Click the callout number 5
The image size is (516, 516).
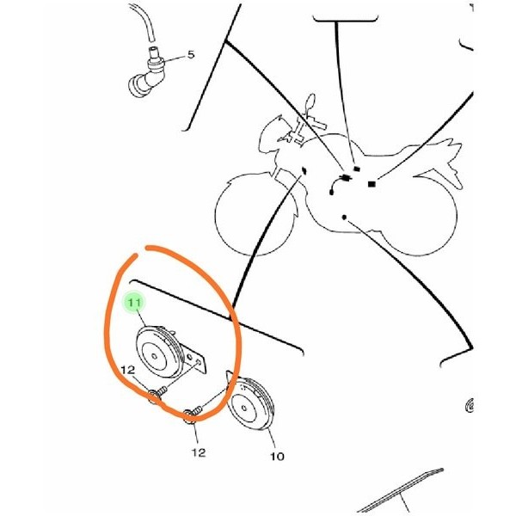tap(191, 54)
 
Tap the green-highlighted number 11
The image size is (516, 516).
tap(134, 302)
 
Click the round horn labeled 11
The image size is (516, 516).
tap(160, 352)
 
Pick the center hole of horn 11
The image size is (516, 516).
tap(154, 356)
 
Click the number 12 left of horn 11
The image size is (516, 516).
tap(128, 370)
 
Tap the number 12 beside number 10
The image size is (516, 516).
tap(199, 453)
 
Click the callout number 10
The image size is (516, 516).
tap(277, 457)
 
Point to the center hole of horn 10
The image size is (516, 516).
tap(244, 408)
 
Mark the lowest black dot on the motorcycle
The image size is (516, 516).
tap(344, 218)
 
